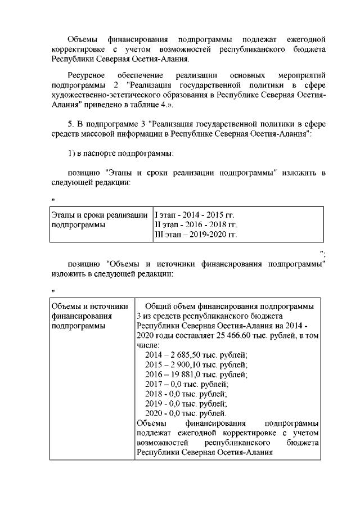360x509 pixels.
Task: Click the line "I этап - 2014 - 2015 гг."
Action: pyautogui.click(x=194, y=215)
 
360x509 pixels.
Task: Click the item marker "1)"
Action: pyautogui.click(x=71, y=154)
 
